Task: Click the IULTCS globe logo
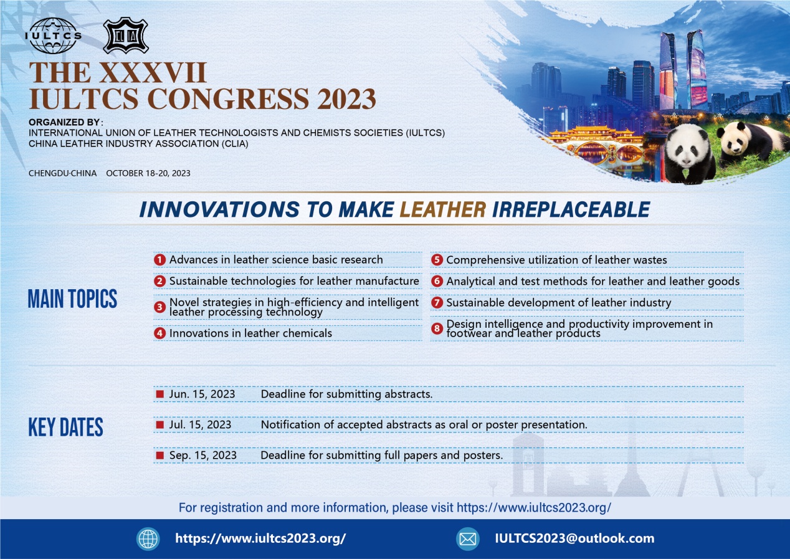(x=53, y=36)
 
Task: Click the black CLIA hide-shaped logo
(x=126, y=36)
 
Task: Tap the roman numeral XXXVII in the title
(x=153, y=73)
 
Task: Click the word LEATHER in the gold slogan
(x=443, y=209)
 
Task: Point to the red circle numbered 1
(x=159, y=260)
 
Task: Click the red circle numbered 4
(x=159, y=333)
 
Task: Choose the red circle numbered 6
(x=437, y=282)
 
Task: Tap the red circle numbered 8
(x=437, y=328)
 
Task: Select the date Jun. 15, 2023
(x=202, y=394)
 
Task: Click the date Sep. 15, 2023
(x=202, y=456)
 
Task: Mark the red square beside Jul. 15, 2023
(x=159, y=424)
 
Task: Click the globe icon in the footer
(x=148, y=538)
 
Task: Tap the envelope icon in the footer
(x=468, y=538)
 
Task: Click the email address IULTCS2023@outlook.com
(x=574, y=538)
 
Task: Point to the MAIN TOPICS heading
(x=72, y=299)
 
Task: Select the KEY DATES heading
(x=65, y=427)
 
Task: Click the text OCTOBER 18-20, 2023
(x=148, y=173)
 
